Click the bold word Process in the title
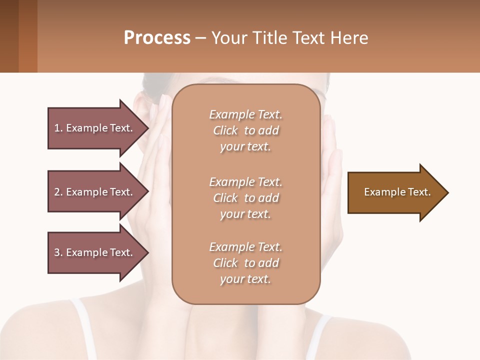tap(157, 38)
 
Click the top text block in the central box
tap(245, 130)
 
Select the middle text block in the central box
tap(245, 198)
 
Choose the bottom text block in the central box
tap(245, 263)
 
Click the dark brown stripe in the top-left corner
tap(9, 36)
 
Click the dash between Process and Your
tap(200, 38)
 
